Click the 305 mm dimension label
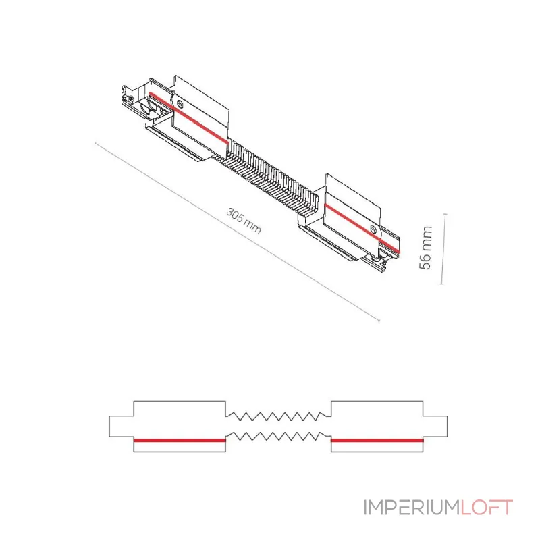tap(244, 221)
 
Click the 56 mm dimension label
tap(426, 248)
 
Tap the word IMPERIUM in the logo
tap(411, 508)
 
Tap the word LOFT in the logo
tap(487, 508)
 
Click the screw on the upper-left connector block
tap(179, 103)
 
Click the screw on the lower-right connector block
tap(373, 229)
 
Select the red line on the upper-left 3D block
tap(189, 117)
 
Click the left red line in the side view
tap(180, 440)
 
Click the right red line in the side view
tap(377, 440)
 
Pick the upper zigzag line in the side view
tap(278, 416)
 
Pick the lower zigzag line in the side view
tap(278, 436)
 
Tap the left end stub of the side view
tap(122, 427)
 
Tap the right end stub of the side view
tap(435, 427)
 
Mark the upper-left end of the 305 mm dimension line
tap(95, 144)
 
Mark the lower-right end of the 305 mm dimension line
tap(379, 320)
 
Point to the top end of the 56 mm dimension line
tap(446, 214)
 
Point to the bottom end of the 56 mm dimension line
tap(442, 283)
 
